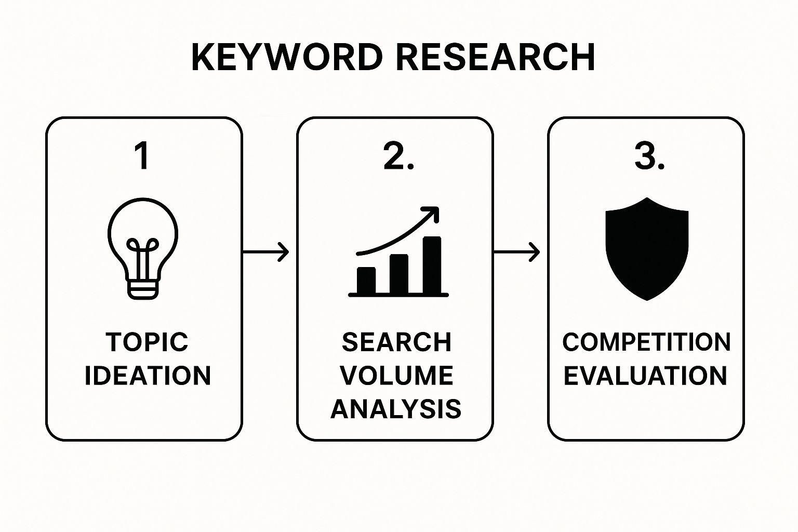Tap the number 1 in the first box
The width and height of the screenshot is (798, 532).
[142, 156]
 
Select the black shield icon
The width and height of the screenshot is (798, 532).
[647, 248]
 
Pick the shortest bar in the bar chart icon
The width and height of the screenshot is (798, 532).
[366, 281]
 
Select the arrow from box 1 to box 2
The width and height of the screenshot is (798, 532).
[265, 252]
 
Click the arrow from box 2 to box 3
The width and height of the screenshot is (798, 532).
[516, 252]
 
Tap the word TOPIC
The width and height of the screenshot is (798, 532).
[147, 342]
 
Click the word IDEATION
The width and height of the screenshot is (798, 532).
[148, 376]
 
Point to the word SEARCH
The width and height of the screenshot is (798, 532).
[396, 342]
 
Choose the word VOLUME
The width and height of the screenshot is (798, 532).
[396, 376]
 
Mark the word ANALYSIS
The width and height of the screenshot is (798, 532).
[396, 409]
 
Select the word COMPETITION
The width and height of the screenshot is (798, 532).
[646, 342]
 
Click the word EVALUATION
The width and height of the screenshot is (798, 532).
[645, 376]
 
